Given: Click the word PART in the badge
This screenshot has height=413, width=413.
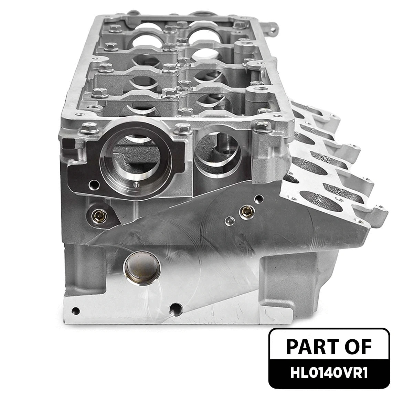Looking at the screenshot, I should click(x=307, y=347).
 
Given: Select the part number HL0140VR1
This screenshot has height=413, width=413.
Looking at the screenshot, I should click(x=329, y=374).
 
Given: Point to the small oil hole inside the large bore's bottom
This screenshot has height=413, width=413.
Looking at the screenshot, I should click(x=136, y=185).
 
